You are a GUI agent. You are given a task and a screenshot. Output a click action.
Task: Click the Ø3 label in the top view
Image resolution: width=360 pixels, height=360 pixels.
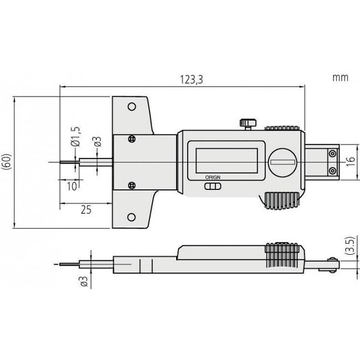click(x=97, y=141)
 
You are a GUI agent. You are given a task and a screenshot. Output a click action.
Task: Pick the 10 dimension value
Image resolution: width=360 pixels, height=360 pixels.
click(x=72, y=186)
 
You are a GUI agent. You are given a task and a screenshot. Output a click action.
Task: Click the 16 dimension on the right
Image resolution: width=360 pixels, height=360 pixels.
click(x=348, y=161)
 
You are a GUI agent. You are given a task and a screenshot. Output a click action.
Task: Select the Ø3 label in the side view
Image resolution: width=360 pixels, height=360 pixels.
click(x=84, y=281)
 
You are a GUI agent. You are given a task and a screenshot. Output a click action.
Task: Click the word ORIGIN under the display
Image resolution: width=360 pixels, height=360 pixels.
click(x=212, y=177)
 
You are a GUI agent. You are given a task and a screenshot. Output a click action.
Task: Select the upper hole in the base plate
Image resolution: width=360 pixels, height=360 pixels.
click(x=131, y=106)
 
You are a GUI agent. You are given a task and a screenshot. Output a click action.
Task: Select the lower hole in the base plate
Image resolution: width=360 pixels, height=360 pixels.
click(x=131, y=217)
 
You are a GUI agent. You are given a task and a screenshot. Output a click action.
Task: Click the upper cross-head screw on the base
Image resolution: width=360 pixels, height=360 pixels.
click(x=131, y=139)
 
